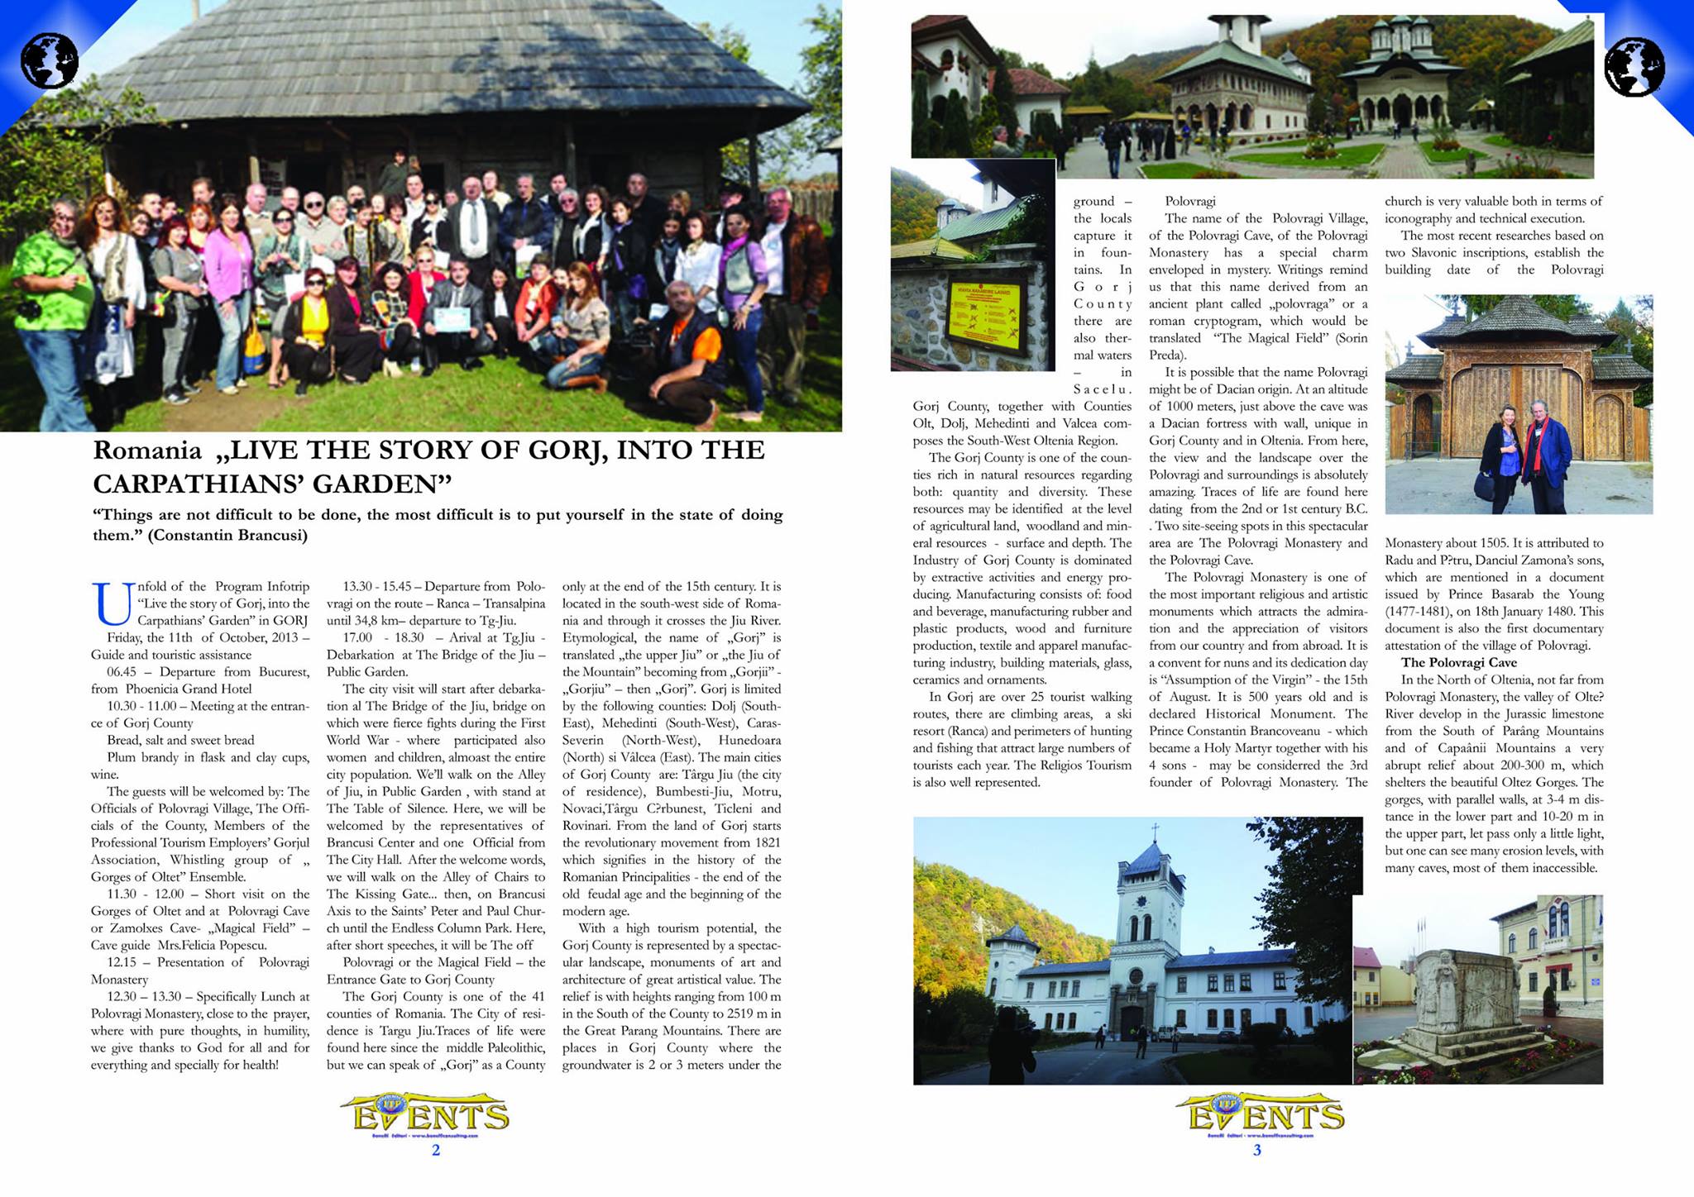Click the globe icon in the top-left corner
tap(50, 60)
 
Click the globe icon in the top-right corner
tap(1634, 67)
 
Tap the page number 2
tap(436, 1150)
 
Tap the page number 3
tap(1257, 1150)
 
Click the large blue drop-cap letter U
tap(113, 603)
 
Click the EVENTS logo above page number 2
tap(430, 1115)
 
